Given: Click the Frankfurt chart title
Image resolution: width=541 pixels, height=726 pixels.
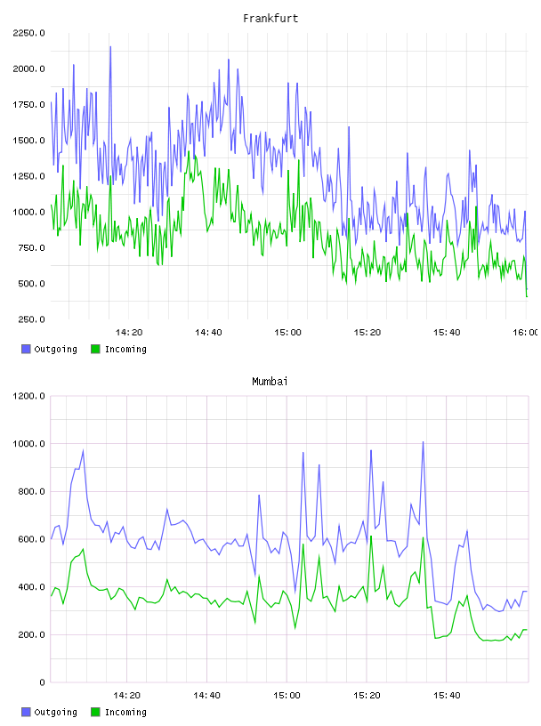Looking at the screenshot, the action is [x=270, y=19].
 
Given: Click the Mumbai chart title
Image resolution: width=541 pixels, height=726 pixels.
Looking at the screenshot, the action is [x=270, y=382].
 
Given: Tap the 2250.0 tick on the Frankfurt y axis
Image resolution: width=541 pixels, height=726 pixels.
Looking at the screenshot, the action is [x=28, y=33].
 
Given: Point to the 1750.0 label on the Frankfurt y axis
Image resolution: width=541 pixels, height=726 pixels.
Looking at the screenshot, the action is [x=28, y=105].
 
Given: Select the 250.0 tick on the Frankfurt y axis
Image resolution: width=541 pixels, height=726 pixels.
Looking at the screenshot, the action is [x=31, y=319].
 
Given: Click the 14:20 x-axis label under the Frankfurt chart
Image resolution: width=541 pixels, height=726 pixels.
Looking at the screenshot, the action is [x=129, y=333].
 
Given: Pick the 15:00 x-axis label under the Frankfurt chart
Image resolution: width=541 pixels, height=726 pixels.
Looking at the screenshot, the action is [x=287, y=333].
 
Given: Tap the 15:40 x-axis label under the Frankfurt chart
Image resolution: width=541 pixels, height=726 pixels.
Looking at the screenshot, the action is [x=447, y=333].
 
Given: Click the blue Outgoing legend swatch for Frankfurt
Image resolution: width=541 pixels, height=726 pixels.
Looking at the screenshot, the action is [x=26, y=349].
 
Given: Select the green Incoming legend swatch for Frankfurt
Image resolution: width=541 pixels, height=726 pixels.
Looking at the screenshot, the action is [x=95, y=349].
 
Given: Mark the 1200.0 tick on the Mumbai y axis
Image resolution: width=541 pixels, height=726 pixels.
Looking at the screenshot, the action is [x=28, y=396].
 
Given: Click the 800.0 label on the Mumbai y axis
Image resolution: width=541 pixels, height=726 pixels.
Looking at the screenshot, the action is [x=31, y=491].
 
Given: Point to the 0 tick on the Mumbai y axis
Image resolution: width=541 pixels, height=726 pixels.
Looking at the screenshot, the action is [x=42, y=682].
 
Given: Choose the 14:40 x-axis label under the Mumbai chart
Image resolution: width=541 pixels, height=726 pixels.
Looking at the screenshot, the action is [x=206, y=696].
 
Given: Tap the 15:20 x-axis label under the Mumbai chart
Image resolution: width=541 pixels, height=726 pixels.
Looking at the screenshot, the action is [x=367, y=696].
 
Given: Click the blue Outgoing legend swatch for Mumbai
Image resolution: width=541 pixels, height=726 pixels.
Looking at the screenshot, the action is [x=26, y=712].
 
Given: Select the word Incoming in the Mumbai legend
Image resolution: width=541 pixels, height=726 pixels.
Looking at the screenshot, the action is [x=125, y=713].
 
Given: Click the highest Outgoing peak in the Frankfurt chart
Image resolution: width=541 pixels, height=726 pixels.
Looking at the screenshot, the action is [x=110, y=47].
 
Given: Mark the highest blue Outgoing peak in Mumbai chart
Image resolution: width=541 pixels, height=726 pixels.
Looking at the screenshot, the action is [x=423, y=442].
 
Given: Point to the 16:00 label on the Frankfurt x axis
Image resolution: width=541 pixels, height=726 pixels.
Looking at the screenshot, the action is [x=526, y=333].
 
